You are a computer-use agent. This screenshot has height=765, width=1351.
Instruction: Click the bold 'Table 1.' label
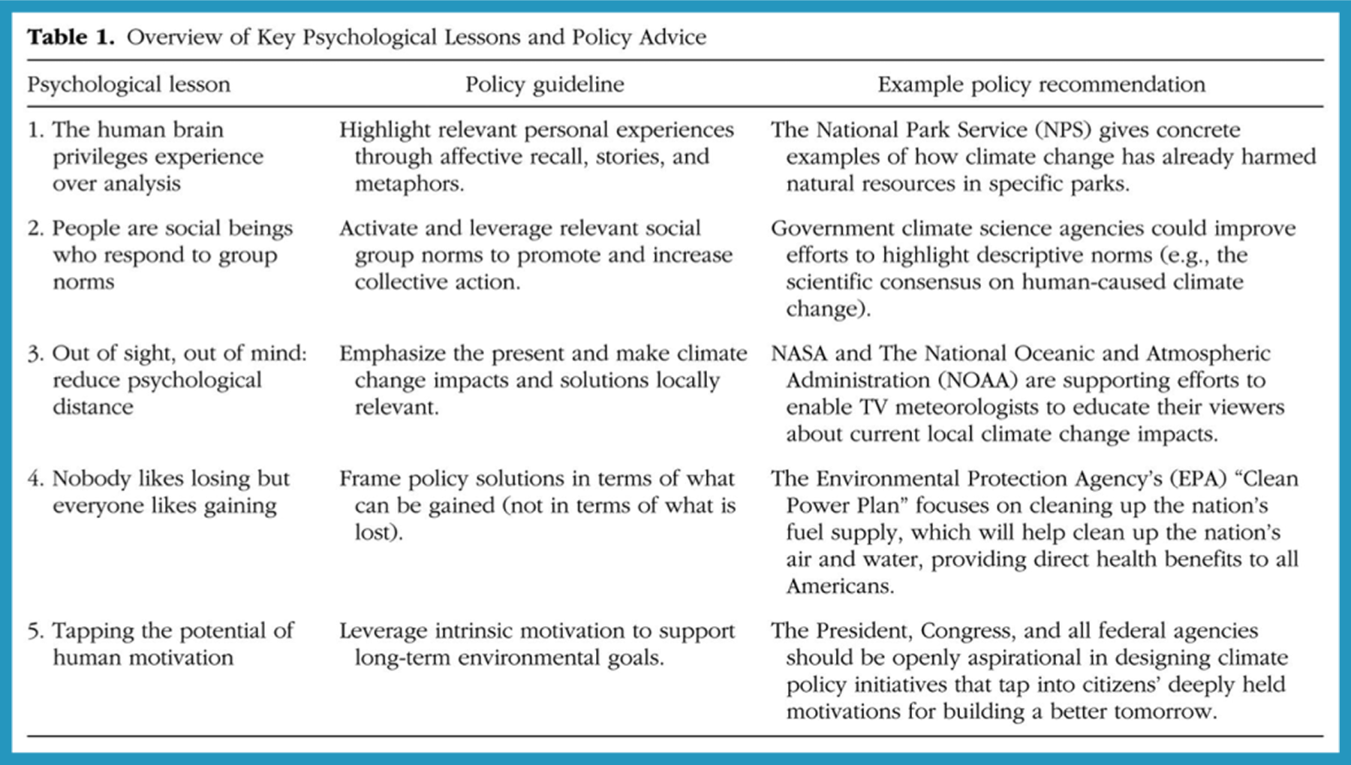pos(71,37)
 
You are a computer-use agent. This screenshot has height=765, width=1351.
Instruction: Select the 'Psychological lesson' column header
pos(128,84)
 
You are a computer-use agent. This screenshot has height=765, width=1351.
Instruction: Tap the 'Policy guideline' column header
pos(544,84)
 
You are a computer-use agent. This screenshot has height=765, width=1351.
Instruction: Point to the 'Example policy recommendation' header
pos(1041,84)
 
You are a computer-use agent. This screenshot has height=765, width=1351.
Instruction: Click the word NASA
pos(799,353)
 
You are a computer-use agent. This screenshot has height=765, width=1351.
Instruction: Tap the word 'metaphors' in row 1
pos(408,184)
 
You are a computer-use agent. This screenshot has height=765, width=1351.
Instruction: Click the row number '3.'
pos(35,353)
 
